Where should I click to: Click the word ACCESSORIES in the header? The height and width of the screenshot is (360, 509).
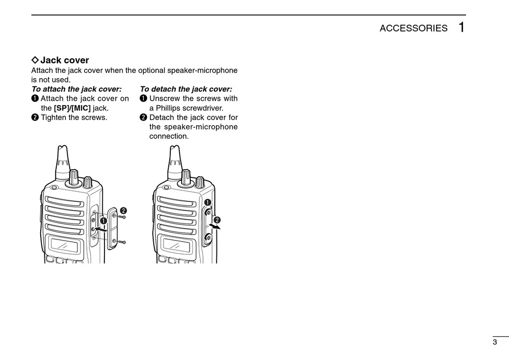pyautogui.click(x=413, y=28)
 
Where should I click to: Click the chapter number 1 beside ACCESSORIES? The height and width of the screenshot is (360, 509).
pyautogui.click(x=461, y=27)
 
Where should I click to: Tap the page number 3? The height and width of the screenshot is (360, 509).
pyautogui.click(x=495, y=342)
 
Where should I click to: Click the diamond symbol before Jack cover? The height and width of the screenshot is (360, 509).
pyautogui.click(x=35, y=60)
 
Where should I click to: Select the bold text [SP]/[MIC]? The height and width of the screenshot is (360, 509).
pyautogui.click(x=72, y=108)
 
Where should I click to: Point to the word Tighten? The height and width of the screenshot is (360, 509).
pyautogui.click(x=54, y=117)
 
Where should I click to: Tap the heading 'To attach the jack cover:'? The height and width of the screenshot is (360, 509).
pyautogui.click(x=76, y=89)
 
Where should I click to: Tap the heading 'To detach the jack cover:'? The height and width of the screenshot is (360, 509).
pyautogui.click(x=186, y=89)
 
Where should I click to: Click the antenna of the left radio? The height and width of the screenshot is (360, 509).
pyautogui.click(x=62, y=161)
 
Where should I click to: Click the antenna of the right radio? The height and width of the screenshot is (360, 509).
pyautogui.click(x=175, y=161)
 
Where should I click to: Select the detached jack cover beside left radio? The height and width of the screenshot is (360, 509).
pyautogui.click(x=114, y=228)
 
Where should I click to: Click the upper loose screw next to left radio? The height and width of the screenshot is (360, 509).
pyautogui.click(x=123, y=217)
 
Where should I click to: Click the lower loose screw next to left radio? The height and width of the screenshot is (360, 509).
pyautogui.click(x=123, y=242)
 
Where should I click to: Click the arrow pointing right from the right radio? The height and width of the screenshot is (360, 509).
pyautogui.click(x=214, y=227)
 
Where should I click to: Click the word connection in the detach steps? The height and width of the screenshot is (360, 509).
pyautogui.click(x=169, y=136)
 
